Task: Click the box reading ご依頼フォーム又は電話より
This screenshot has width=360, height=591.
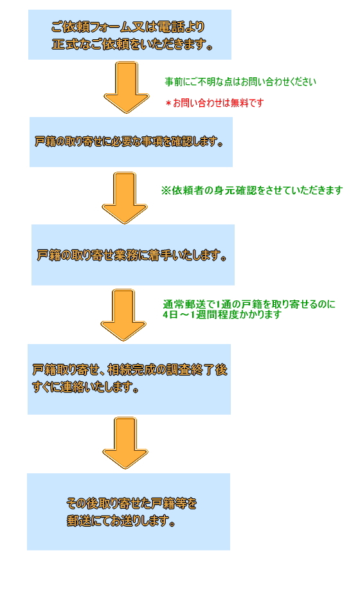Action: (130, 35)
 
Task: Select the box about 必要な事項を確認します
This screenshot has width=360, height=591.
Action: (131, 141)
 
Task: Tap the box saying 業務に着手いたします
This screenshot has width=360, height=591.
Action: (133, 255)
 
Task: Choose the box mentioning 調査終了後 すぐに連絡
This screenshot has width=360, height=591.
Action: (129, 379)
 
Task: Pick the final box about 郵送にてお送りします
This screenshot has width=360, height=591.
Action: (129, 512)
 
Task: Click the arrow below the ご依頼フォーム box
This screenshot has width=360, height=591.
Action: (127, 87)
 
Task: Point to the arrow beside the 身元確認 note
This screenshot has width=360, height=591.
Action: (125, 198)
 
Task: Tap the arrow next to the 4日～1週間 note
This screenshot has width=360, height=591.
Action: (123, 315)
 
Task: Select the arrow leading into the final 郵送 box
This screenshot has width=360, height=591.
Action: (125, 443)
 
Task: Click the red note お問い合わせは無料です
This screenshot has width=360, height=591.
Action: (215, 103)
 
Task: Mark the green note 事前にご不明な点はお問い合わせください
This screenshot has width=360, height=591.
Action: (240, 82)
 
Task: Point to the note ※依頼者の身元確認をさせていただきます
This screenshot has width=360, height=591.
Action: (252, 190)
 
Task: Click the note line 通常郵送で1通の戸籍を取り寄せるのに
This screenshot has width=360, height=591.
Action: (249, 304)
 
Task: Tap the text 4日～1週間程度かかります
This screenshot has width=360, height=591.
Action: (222, 314)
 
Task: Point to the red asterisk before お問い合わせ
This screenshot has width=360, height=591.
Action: (168, 104)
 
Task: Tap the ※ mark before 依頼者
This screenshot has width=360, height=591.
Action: (166, 190)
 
